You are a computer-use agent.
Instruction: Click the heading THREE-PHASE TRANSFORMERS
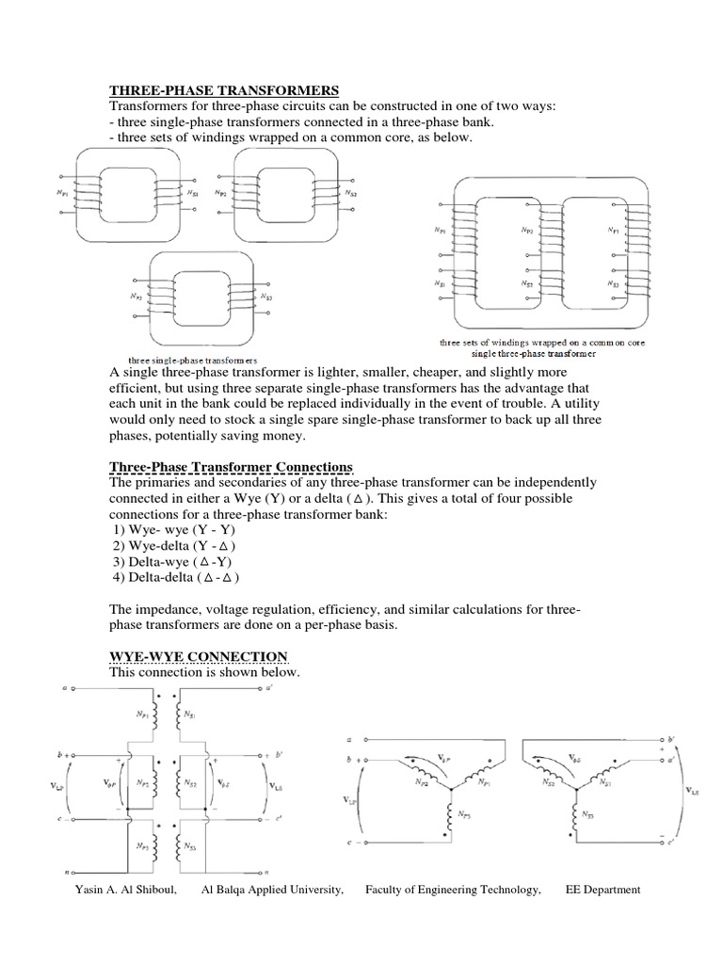pyautogui.click(x=224, y=90)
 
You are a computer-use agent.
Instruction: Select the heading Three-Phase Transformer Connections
pyautogui.click(x=232, y=467)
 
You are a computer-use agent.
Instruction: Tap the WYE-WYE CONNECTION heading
pyautogui.click(x=199, y=655)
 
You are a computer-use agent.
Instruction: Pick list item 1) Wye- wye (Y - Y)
pyautogui.click(x=173, y=530)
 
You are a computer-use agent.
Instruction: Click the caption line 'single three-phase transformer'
pyautogui.click(x=534, y=354)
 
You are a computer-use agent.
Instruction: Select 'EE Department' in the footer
pyautogui.click(x=602, y=890)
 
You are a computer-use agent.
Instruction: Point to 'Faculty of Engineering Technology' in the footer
pyautogui.click(x=453, y=890)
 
